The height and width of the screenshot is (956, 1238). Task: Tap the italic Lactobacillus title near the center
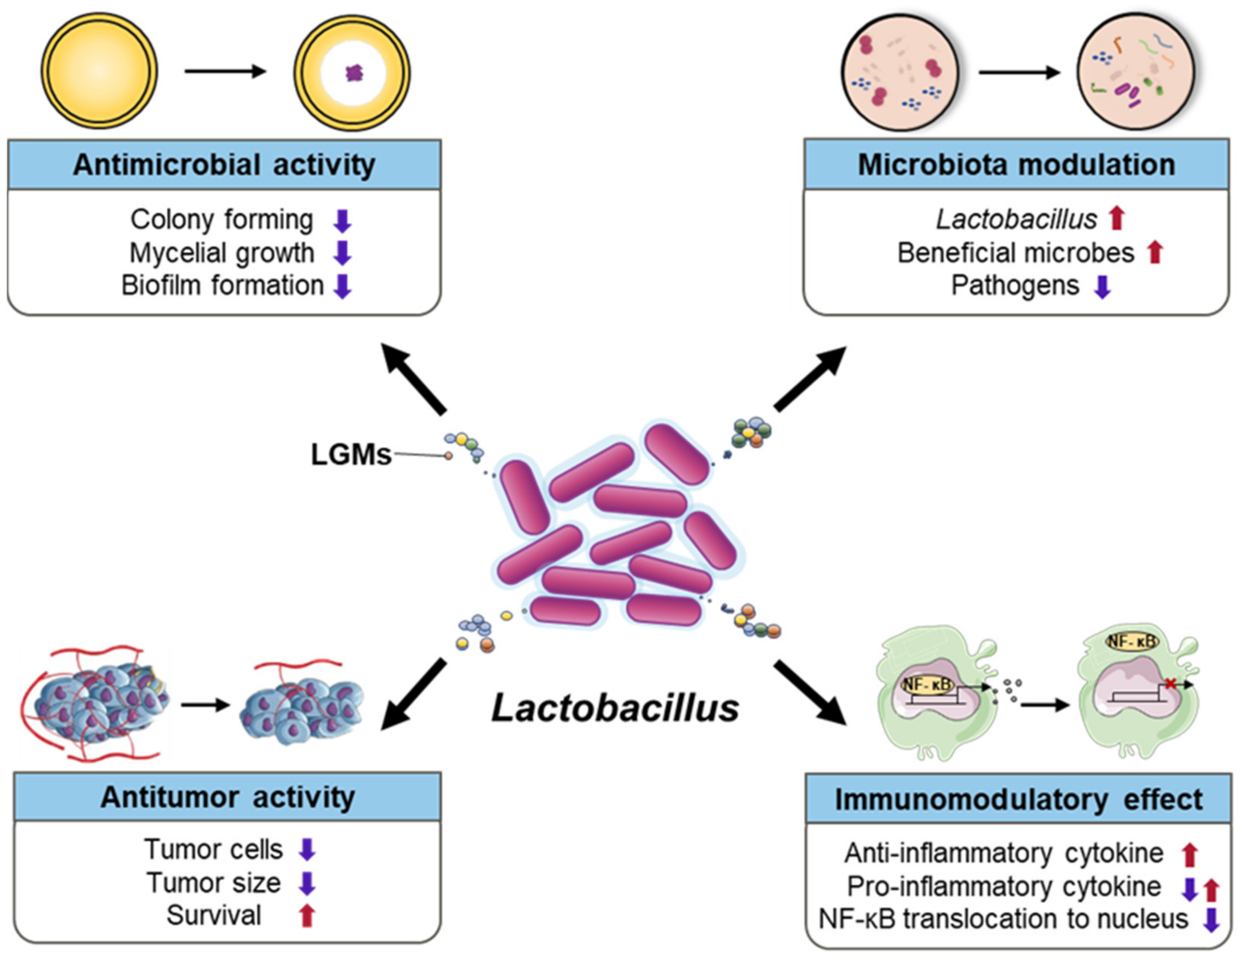point(615,708)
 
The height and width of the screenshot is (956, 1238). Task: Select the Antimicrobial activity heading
point(224,165)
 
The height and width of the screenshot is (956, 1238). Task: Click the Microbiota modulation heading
point(1016,165)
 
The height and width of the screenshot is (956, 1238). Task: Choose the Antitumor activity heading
point(227,797)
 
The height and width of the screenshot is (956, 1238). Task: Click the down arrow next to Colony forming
point(343,221)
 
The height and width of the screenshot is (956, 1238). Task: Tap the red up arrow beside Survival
point(307,915)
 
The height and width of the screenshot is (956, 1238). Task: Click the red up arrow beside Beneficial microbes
point(1155,253)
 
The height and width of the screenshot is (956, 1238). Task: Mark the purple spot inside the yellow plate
point(354,72)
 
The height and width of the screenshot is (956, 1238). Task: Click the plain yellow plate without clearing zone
point(99,71)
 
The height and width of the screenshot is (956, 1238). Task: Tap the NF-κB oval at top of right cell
point(1132,642)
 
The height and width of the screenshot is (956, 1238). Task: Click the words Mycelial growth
point(222,253)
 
